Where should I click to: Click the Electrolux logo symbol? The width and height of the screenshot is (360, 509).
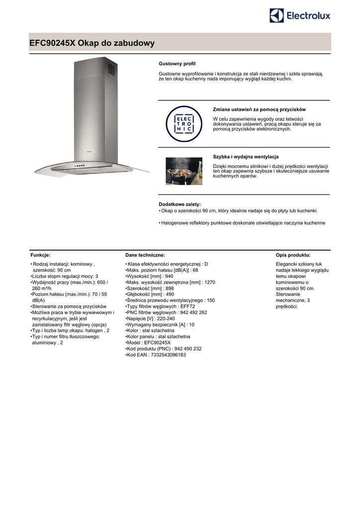(277, 15)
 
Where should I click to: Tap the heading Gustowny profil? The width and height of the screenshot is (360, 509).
(177, 64)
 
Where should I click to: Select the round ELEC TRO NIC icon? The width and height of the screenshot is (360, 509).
(184, 124)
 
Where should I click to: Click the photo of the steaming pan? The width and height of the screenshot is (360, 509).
(184, 171)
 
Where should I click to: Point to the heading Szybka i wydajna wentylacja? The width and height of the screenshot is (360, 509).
(246, 157)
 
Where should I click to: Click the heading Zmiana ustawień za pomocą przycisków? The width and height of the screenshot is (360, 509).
(259, 109)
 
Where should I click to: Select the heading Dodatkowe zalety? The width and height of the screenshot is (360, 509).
(180, 204)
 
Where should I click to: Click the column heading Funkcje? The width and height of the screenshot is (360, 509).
(40, 254)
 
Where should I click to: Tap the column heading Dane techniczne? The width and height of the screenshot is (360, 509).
(145, 254)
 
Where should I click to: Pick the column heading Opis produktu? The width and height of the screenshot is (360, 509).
(293, 254)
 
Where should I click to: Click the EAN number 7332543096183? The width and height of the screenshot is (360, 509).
(168, 355)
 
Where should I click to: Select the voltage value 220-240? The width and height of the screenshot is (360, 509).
(167, 319)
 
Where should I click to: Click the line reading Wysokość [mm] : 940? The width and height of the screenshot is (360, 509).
(150, 276)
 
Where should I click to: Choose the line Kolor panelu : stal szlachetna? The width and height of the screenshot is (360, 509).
(151, 337)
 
